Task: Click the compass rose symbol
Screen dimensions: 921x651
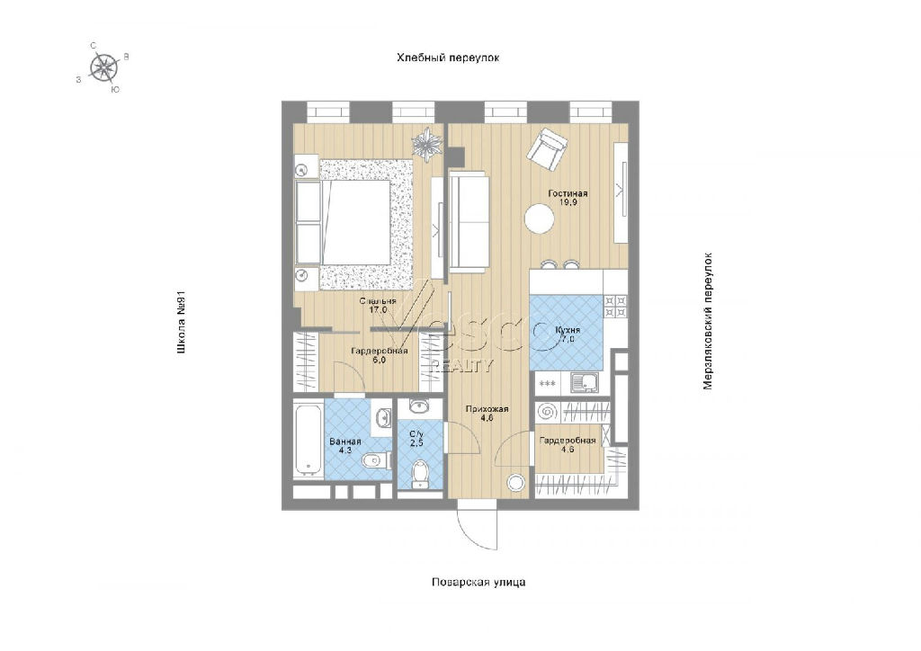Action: pos(104,67)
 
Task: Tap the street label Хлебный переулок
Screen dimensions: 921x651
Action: pos(448,58)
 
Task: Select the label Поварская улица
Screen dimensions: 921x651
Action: pos(478,583)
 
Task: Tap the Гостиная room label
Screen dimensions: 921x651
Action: pos(568,193)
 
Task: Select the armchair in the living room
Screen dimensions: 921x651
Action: pos(548,149)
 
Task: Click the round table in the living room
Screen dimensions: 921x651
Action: pos(540,218)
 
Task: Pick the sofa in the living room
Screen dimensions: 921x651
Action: pos(469,222)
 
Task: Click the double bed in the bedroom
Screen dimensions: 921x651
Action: pos(344,222)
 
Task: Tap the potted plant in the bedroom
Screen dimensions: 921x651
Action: pos(427,143)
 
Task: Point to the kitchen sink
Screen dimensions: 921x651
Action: pos(585,384)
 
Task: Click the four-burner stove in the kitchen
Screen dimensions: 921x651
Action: pos(615,306)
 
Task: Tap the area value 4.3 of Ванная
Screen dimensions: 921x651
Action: pos(344,450)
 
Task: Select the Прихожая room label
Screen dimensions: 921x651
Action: pos(487,409)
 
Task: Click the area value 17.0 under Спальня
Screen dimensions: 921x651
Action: pos(379,310)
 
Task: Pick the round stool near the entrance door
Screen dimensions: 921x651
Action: pos(515,483)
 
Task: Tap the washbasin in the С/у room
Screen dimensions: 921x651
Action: pos(419,406)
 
